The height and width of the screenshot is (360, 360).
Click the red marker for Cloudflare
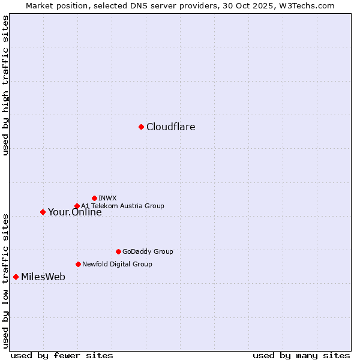pos(141,127)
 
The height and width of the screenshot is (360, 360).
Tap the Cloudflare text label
pos(170,127)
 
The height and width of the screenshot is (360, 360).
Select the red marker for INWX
pos(94,198)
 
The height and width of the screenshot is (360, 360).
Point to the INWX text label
pos(107,198)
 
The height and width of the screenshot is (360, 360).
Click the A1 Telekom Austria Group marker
pos(77,206)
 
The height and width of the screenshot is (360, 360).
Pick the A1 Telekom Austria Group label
pos(122,206)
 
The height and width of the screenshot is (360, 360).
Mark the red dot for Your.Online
pos(43,212)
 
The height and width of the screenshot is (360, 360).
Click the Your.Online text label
pos(74,212)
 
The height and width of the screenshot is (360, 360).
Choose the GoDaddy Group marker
pos(118,251)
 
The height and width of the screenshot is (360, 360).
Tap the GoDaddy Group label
pos(147,252)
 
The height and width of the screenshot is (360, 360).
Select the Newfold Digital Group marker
pos(78,264)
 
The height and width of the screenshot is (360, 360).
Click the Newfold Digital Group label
pos(117,264)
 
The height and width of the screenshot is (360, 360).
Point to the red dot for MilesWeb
pos(16,277)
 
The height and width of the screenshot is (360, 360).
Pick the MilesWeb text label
pos(43,277)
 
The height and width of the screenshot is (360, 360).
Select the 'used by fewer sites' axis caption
pos(62,355)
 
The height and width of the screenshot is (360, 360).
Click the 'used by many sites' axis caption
pos(301,355)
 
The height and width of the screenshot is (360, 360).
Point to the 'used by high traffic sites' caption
pos(5,85)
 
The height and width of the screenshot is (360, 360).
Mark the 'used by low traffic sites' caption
pos(5,281)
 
